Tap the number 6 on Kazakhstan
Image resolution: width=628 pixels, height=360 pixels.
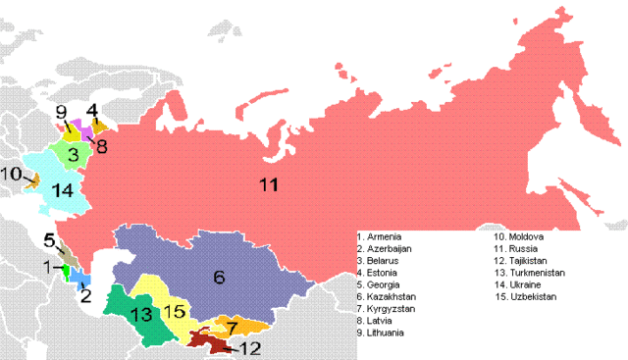(219, 277)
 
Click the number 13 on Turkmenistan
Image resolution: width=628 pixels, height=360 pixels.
(140, 314)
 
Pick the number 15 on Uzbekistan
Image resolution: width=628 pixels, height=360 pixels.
(173, 311)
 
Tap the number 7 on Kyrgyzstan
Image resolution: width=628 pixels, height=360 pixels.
(232, 325)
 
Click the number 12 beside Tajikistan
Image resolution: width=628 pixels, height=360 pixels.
(250, 348)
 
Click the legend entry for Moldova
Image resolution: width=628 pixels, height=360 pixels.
(522, 237)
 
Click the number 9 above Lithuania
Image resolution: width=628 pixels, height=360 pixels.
(60, 111)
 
